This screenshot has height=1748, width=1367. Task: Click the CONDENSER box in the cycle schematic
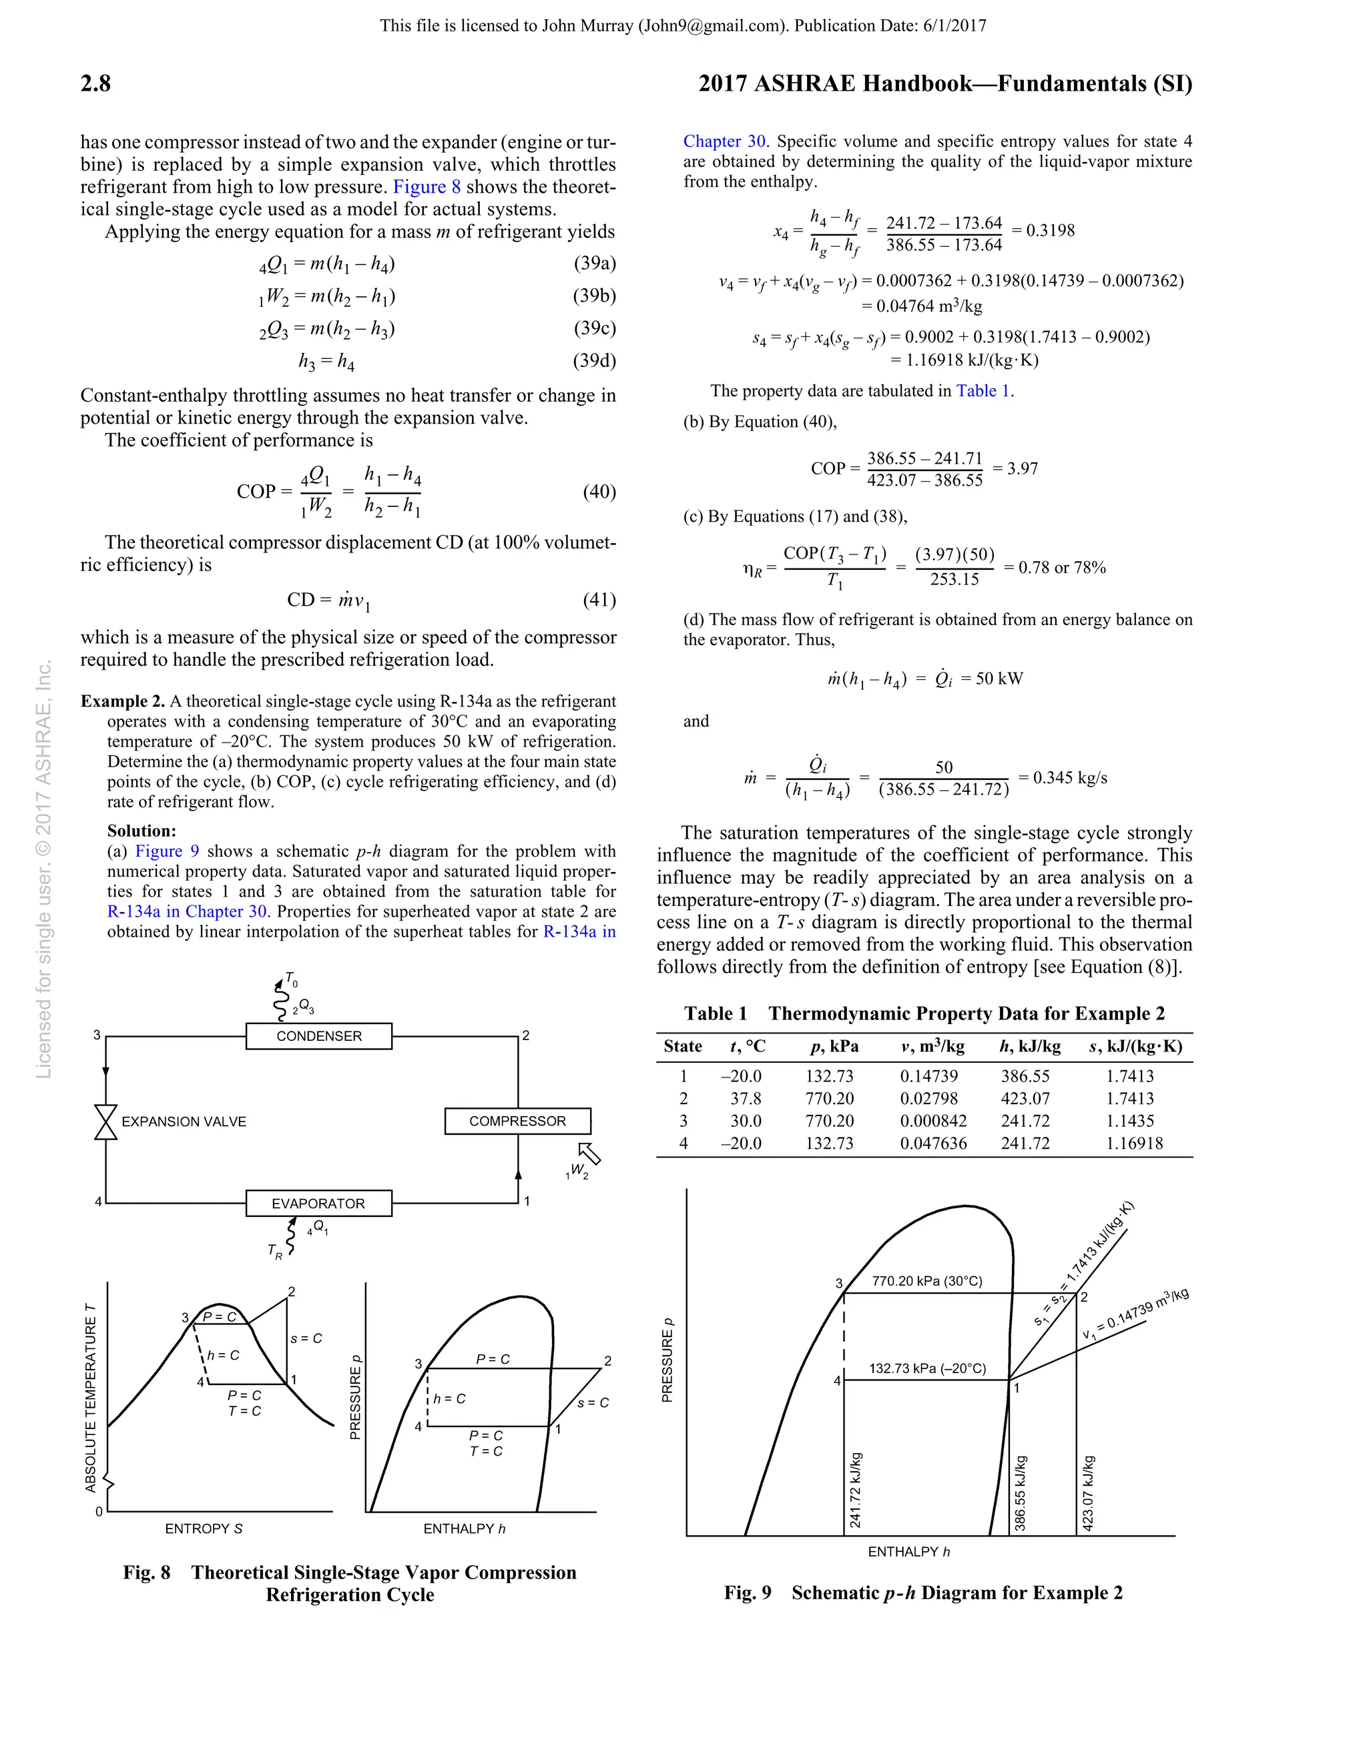[x=319, y=1035]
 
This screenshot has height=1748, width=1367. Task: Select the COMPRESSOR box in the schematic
[x=517, y=1120]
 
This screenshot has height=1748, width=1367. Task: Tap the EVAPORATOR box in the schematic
[x=319, y=1203]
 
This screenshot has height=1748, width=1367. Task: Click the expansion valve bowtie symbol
[x=105, y=1122]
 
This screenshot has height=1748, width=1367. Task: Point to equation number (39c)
[x=594, y=328]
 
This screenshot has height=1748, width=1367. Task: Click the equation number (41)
[x=599, y=600]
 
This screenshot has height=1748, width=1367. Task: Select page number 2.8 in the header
[x=95, y=83]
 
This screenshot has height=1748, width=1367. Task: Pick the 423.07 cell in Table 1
[x=1025, y=1098]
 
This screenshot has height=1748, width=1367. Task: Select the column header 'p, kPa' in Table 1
[x=834, y=1046]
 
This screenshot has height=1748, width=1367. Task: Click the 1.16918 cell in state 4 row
[x=1134, y=1143]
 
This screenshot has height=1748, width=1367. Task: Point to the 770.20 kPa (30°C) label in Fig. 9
[x=926, y=1280]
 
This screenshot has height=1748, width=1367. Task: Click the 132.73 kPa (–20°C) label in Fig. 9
[x=927, y=1368]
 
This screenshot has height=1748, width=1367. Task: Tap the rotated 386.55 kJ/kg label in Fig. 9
[x=1021, y=1494]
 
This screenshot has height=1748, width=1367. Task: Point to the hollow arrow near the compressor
[x=589, y=1154]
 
